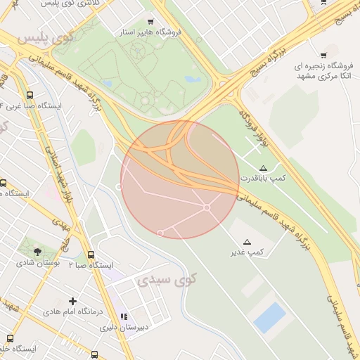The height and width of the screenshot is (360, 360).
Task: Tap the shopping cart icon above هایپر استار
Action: click(x=150, y=22)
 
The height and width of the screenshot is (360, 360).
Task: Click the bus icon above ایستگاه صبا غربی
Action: click(x=29, y=95)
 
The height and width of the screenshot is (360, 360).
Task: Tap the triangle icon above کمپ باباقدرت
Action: click(x=263, y=168)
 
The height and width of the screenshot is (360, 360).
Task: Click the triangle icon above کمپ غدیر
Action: click(x=246, y=241)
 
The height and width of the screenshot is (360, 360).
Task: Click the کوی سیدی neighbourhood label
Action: click(x=163, y=280)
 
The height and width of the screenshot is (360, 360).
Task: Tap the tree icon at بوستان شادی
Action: click(x=37, y=251)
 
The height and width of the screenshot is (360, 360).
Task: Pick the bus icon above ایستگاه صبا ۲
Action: click(x=91, y=255)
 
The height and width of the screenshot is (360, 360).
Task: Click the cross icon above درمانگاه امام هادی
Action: click(x=72, y=301)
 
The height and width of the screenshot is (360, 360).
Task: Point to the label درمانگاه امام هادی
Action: click(x=73, y=311)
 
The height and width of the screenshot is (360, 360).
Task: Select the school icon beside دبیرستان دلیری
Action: click(x=124, y=317)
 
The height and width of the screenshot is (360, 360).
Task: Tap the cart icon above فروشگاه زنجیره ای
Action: click(x=323, y=55)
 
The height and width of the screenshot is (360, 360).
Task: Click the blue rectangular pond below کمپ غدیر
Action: click(x=269, y=318)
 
